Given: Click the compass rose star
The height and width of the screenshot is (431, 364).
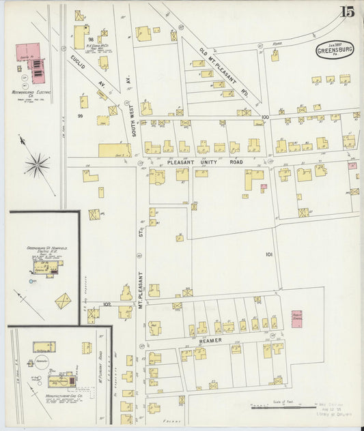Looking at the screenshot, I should point(38,164).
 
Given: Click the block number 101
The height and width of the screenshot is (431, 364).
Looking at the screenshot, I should point(269,254).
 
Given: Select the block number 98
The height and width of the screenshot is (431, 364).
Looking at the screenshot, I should point(90,41).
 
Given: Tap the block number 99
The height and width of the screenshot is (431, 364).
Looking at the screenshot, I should point(80,117).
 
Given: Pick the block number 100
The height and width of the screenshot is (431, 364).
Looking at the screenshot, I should point(265,118).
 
